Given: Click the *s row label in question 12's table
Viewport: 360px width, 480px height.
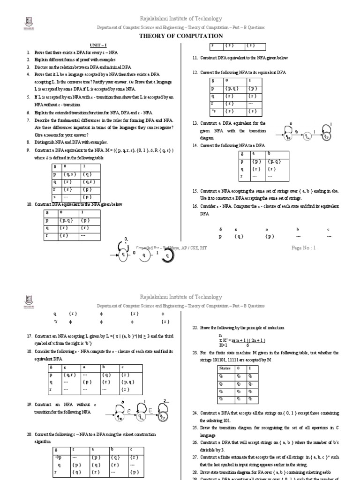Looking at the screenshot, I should pos(213,111).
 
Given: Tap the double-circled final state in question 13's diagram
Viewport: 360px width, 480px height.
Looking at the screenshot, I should pos(326,135).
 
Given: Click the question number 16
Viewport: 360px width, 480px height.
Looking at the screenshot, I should pos(195,206).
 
